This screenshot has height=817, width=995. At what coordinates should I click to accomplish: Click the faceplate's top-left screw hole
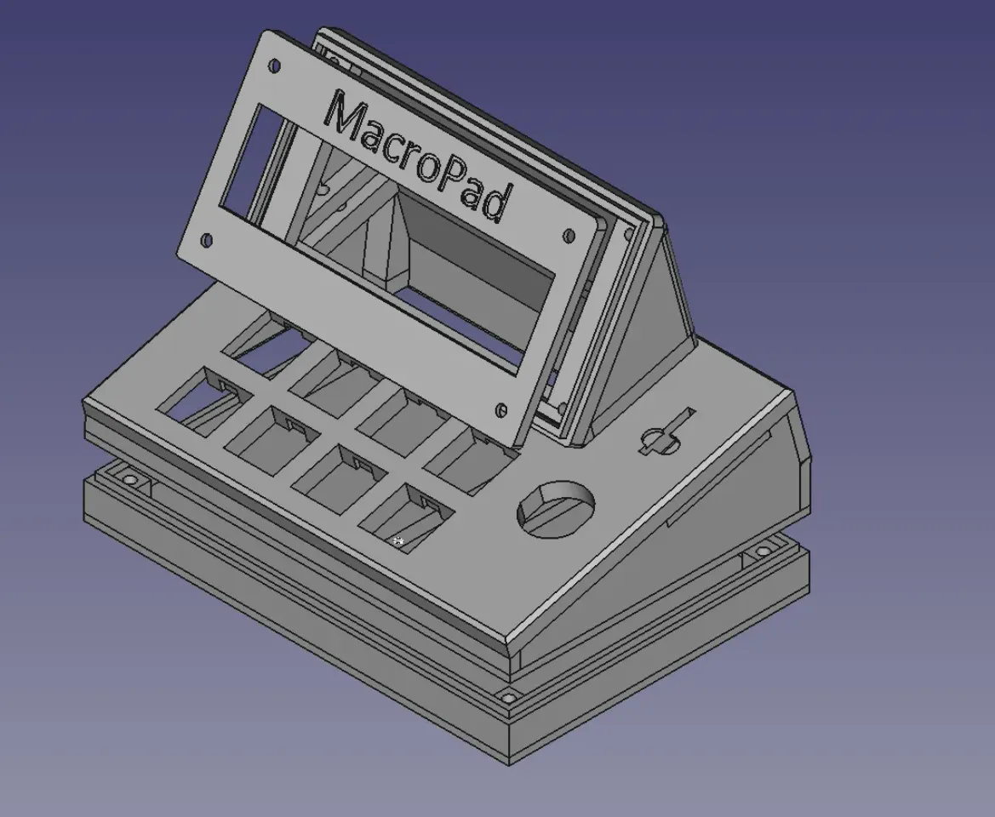click(275, 66)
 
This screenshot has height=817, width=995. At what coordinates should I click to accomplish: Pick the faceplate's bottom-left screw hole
click(208, 242)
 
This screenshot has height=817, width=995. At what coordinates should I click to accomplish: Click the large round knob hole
click(558, 510)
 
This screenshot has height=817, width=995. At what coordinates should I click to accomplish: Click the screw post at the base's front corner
click(508, 699)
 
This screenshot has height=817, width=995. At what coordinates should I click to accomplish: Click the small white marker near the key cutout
click(398, 540)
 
